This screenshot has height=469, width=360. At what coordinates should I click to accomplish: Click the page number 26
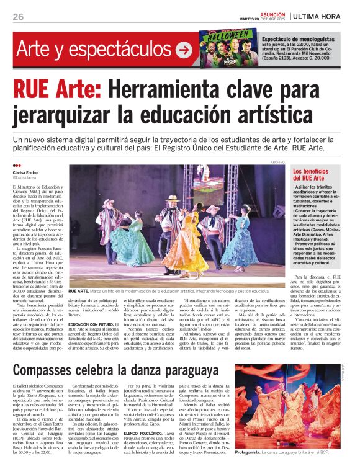pos(18,17)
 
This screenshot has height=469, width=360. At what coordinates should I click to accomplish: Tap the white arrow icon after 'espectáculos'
pos(184,50)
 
